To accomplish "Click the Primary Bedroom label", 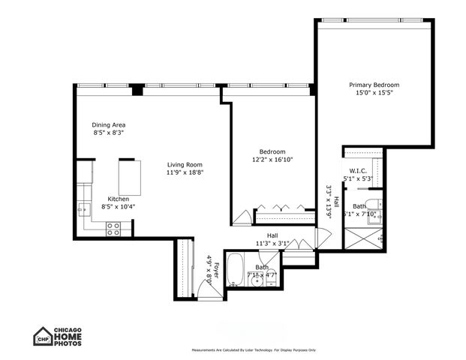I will tap(373, 85).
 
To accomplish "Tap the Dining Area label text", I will tap(109, 124).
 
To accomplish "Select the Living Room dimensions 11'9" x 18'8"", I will tap(185, 172).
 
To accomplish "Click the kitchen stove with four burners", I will tap(113, 231).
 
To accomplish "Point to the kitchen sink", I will tap(84, 210).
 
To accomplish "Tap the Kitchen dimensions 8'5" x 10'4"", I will tap(108, 207).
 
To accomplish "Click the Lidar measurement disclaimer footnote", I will tap(254, 350).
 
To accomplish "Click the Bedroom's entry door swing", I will tap(242, 217).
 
